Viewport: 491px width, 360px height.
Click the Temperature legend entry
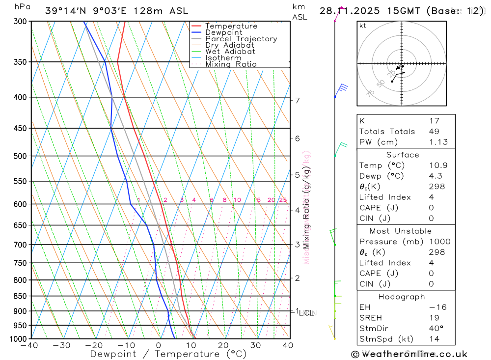click(x=231, y=26)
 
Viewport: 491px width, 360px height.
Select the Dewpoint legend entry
click(x=223, y=32)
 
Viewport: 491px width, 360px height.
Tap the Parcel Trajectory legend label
click(x=241, y=39)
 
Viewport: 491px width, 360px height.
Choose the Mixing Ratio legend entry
click(x=231, y=64)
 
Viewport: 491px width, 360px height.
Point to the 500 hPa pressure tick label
click(x=19, y=156)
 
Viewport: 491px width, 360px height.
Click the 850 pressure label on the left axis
click(x=19, y=296)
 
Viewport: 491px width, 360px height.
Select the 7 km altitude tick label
click(x=297, y=101)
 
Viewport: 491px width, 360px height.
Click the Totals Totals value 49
click(x=434, y=132)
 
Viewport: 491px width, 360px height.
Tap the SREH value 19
click(x=434, y=318)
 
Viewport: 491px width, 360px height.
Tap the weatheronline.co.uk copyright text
click(x=409, y=354)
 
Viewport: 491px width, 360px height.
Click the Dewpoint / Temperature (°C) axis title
click(x=168, y=354)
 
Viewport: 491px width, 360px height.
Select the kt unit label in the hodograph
click(x=363, y=26)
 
